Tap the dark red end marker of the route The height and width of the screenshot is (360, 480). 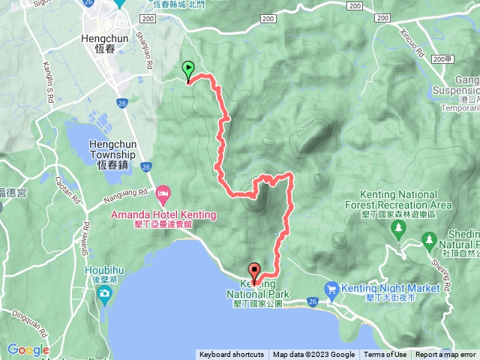coord(254,274)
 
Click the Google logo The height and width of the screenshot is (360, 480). coord(28,349)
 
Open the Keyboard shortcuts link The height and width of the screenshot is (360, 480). coord(232,355)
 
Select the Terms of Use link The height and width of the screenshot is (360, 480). coord(385,355)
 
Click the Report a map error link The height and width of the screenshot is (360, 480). coord(445,355)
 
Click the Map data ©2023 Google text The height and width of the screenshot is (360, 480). coord(313,355)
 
